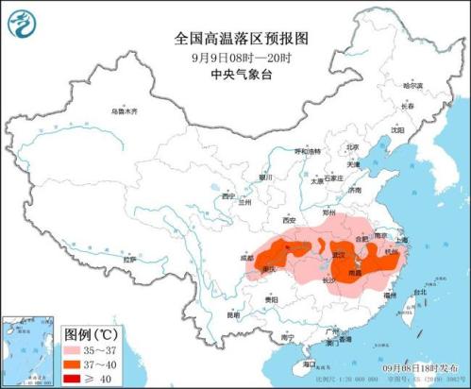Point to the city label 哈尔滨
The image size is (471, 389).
pyautogui.click(x=414, y=86)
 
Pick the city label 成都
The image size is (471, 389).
pyautogui.click(x=246, y=255)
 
